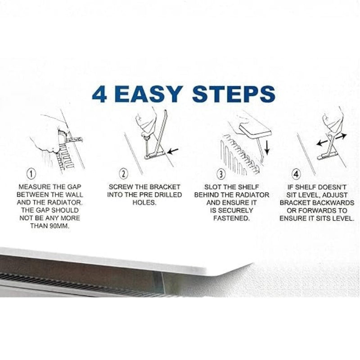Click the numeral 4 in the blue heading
tap(99, 94)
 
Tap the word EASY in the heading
tap(150, 94)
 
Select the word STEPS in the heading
tap(234, 94)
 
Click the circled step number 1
tap(31, 174)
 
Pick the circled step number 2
tap(123, 174)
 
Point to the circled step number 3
tap(221, 174)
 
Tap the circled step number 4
tap(296, 174)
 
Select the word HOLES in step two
tap(144, 203)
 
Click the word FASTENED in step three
tap(231, 218)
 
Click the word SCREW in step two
tap(120, 187)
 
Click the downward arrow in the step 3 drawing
tap(267, 147)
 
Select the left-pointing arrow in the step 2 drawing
tap(173, 151)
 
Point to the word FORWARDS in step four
tap(316, 211)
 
